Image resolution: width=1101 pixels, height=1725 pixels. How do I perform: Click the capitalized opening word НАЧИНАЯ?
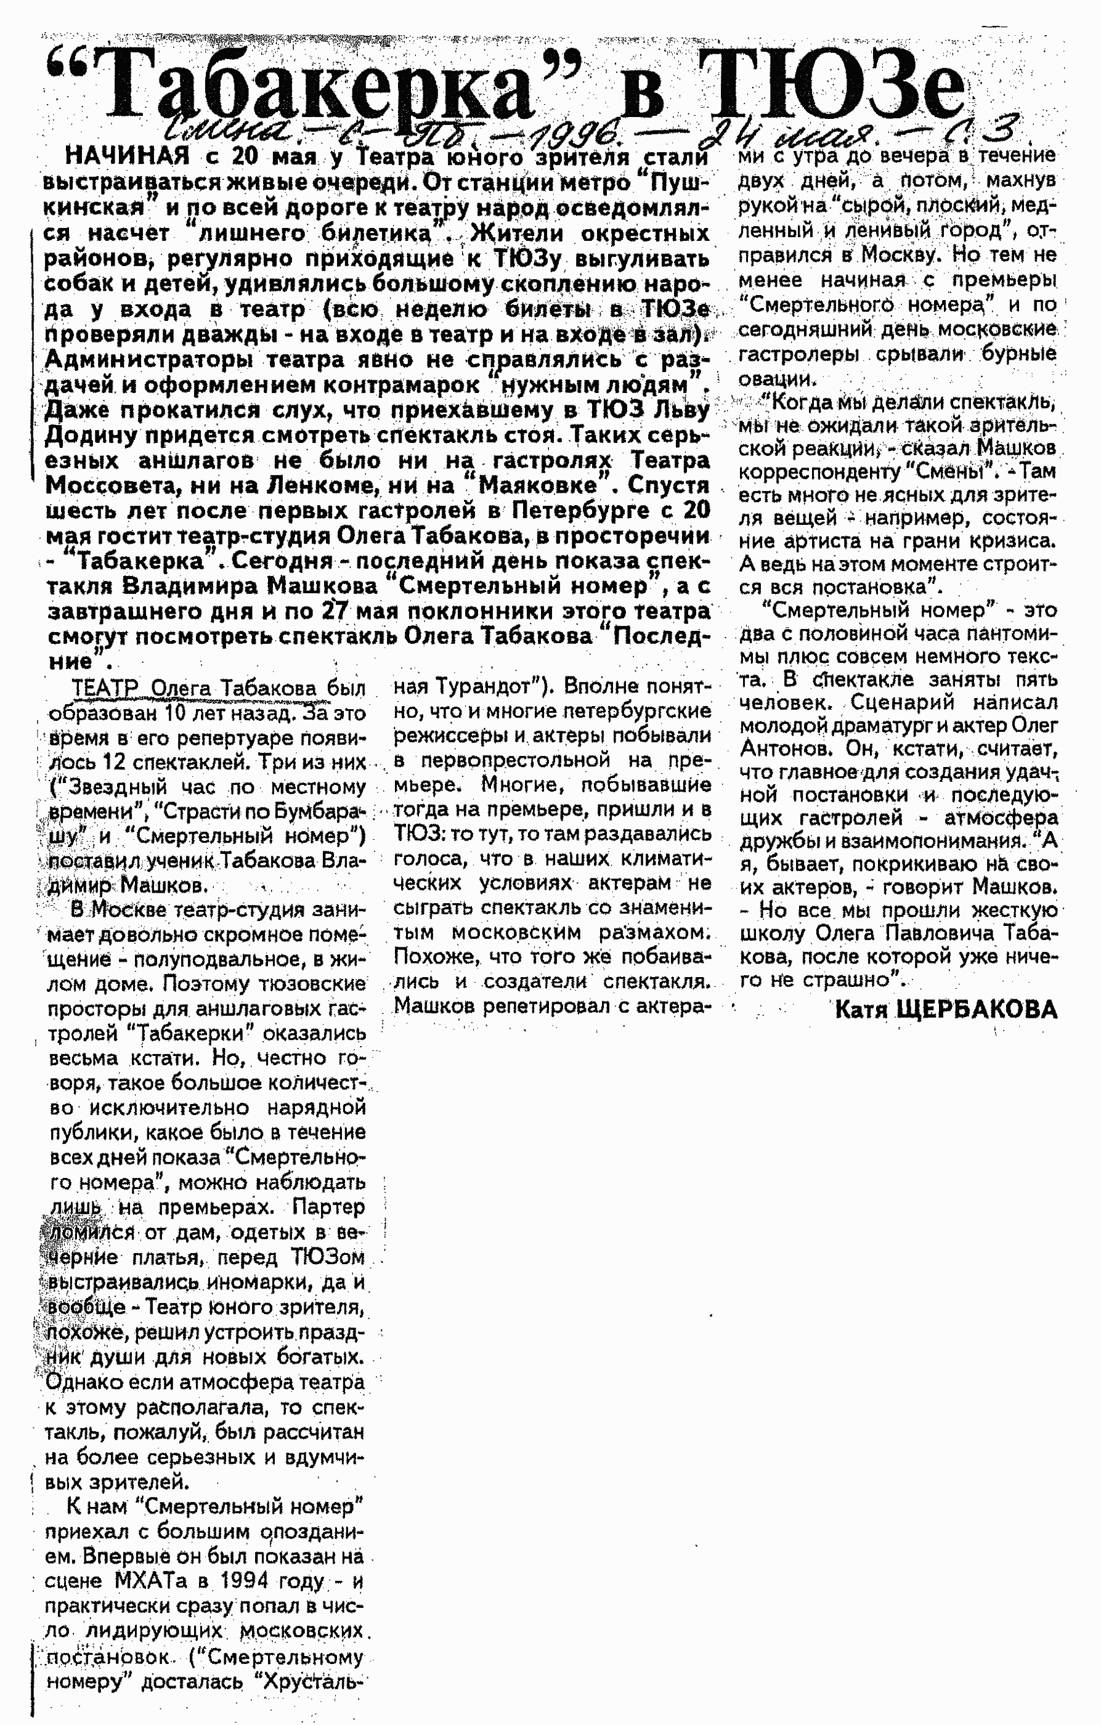click(128, 155)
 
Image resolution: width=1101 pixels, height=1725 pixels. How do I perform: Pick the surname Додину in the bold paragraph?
click(91, 436)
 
